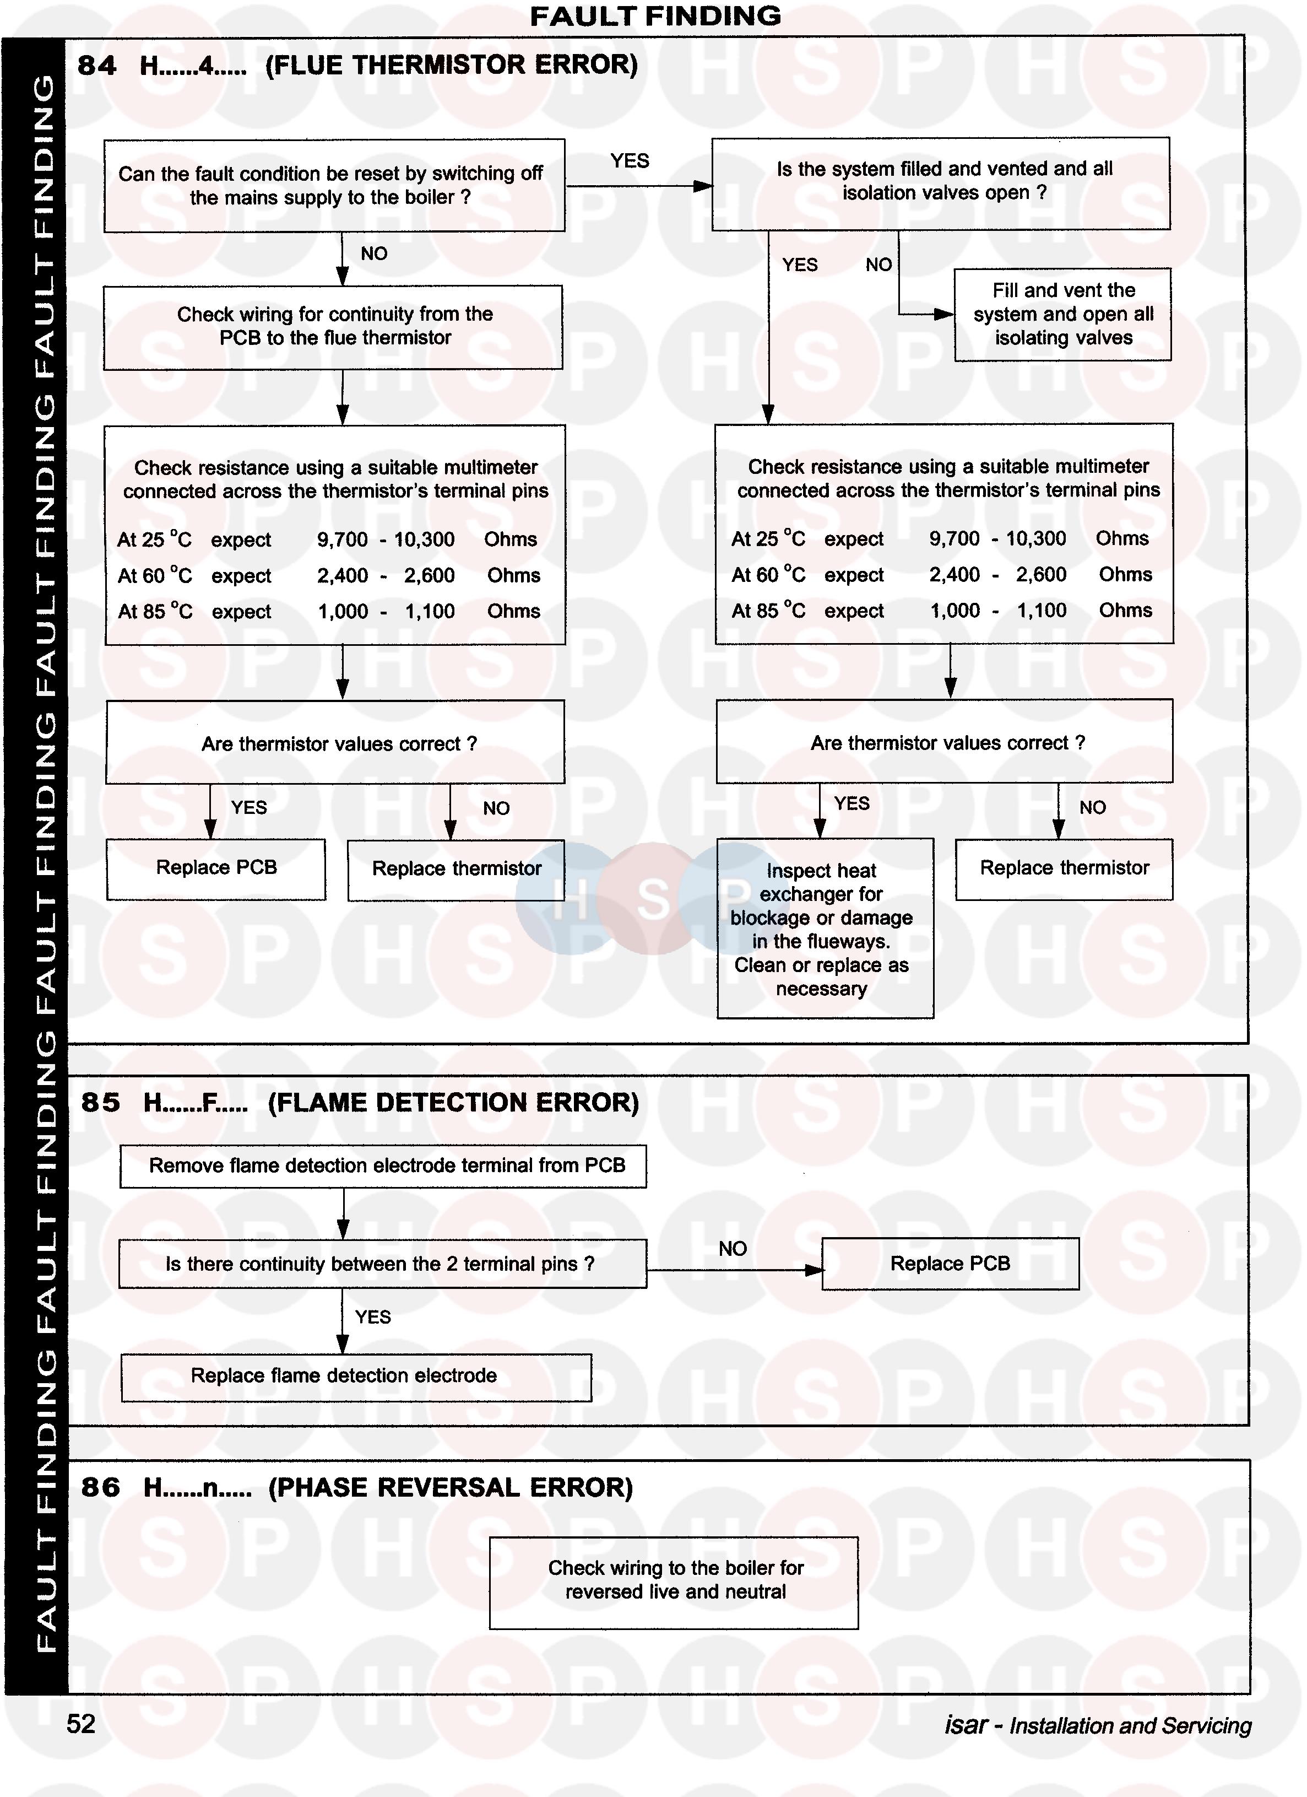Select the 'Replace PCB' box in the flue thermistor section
216,868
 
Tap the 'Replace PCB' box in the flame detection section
950,1264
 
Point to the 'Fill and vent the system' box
1062,315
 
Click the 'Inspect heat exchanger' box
825,929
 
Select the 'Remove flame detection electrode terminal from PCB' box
383,1165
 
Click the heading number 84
96,65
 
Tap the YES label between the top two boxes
630,161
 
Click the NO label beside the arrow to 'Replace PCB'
733,1249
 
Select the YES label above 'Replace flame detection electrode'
373,1317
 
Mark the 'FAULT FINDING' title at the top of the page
655,16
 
